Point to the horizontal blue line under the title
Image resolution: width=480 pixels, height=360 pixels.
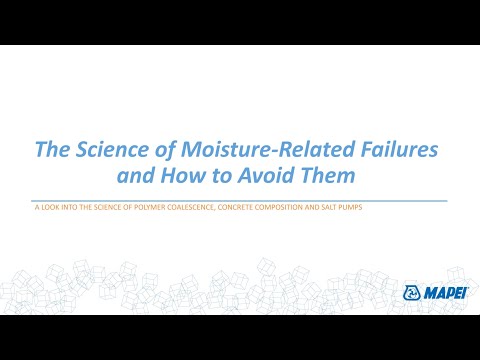240,199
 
